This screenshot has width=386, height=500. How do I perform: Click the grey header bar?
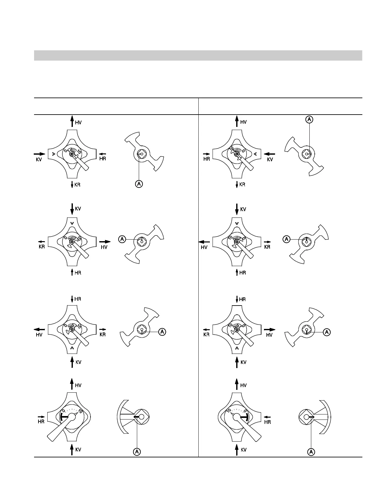(198, 55)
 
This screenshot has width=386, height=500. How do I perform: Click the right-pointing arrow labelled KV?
(39, 154)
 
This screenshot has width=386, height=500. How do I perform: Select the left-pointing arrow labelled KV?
(269, 154)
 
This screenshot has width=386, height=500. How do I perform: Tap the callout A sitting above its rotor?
(309, 119)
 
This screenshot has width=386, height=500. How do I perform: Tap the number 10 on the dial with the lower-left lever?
(80, 411)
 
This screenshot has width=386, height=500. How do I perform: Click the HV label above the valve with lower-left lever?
(78, 385)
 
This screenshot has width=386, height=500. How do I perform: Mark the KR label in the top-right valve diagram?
(242, 185)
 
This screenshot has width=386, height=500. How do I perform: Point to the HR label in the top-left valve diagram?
(102, 159)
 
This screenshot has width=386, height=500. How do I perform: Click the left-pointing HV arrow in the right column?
(204, 242)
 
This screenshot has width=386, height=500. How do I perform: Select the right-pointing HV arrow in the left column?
(105, 242)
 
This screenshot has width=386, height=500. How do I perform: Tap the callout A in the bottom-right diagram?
(311, 452)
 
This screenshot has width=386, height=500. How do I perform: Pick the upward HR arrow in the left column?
(72, 272)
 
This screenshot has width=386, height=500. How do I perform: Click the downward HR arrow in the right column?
(237, 299)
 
